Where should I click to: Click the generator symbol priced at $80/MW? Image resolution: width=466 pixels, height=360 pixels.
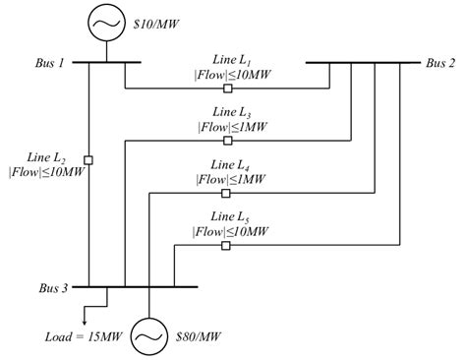point(147,335)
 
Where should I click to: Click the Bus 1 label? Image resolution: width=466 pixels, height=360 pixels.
point(46,63)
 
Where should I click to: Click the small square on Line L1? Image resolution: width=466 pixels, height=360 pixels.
point(227,89)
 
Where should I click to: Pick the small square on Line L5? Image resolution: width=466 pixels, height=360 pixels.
point(227,245)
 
